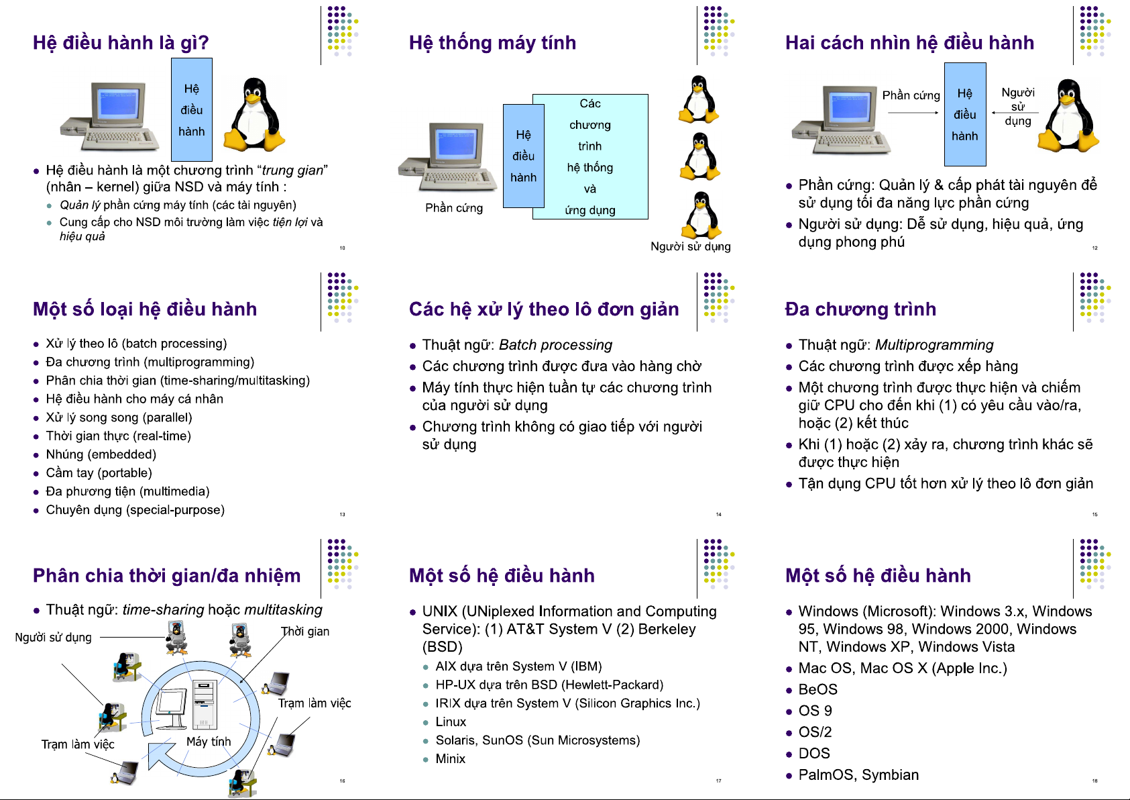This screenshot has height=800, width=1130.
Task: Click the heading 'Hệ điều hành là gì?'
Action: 121,43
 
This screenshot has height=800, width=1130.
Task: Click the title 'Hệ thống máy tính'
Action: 492,43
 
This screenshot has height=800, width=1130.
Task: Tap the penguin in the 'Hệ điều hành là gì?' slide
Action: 256,113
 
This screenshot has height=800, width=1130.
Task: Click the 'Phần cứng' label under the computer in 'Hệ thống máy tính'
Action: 454,208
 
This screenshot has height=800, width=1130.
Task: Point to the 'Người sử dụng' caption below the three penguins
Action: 690,246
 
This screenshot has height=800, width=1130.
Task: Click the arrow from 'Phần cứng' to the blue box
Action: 913,113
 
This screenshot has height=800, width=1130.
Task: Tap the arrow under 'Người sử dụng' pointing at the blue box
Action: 1015,113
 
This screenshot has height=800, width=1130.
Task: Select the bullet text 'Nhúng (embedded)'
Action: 101,454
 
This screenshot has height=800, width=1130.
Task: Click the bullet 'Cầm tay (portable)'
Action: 99,473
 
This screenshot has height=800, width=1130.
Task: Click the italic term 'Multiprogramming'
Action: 934,345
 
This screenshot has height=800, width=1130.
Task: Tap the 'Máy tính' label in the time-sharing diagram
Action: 209,742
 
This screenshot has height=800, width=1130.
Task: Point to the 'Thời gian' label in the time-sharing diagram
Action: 305,632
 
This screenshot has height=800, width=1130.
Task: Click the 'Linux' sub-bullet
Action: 451,722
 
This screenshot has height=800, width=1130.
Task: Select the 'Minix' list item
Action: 451,759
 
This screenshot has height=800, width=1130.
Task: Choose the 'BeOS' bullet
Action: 817,690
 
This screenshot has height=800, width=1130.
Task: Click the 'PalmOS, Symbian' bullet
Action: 858,775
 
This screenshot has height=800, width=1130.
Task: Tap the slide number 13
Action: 342,515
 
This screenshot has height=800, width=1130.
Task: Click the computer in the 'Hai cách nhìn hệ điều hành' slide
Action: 842,119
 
